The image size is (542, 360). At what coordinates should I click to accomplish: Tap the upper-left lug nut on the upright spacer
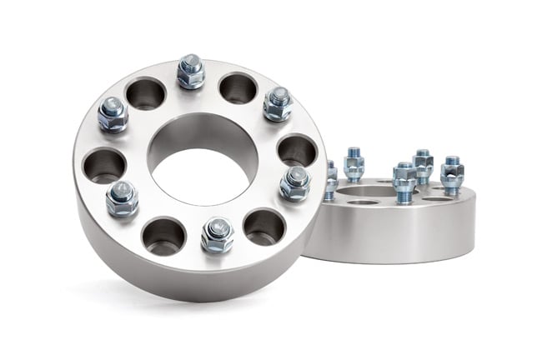[113, 113]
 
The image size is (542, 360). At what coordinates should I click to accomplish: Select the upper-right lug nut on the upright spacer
[278, 103]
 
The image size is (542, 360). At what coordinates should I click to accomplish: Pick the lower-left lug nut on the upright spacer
[122, 198]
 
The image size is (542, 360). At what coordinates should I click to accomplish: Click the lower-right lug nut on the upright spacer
[294, 182]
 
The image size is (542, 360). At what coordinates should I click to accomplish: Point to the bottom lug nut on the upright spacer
[217, 235]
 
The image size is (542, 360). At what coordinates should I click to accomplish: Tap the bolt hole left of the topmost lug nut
[145, 92]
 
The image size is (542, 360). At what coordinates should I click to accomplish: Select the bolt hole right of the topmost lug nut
[238, 87]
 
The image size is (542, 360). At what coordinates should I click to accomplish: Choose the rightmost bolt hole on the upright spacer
[296, 150]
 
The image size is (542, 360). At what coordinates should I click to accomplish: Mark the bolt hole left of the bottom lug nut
[163, 235]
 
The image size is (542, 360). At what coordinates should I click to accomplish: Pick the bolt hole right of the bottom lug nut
[263, 226]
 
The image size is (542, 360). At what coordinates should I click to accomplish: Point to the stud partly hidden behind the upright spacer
[331, 179]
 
